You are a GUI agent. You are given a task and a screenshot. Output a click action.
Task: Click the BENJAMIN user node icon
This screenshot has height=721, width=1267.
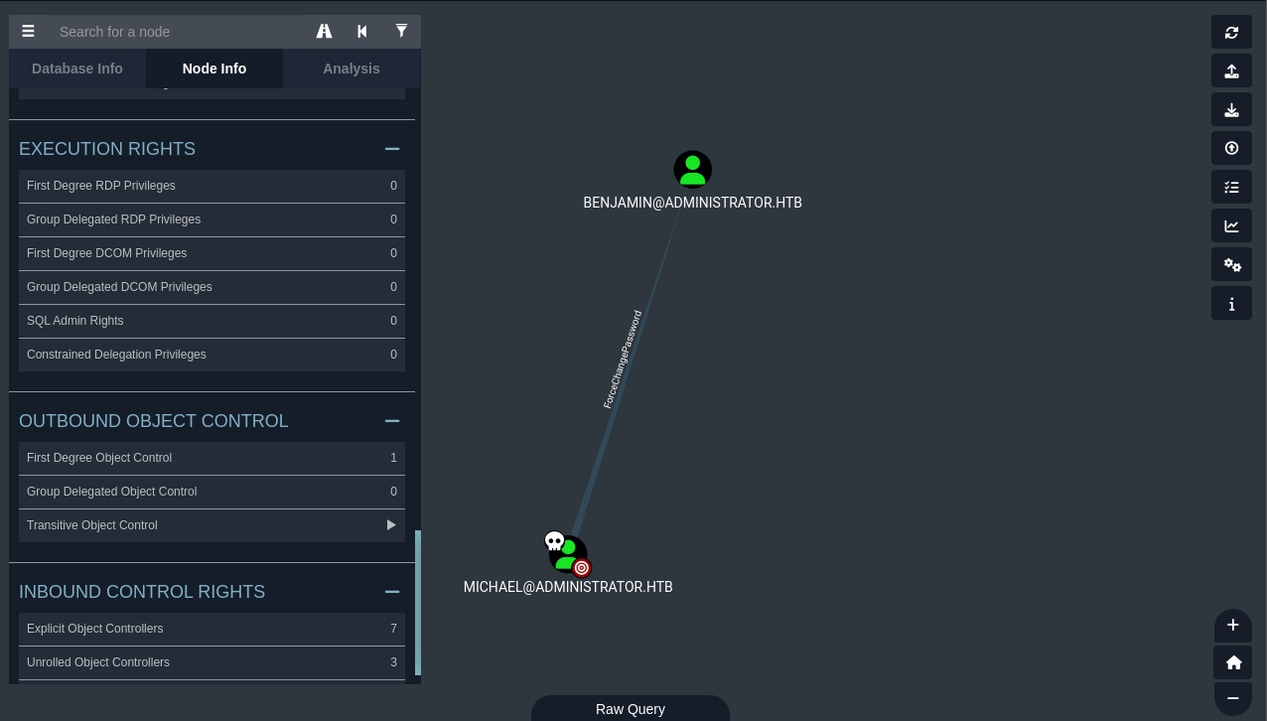click(x=692, y=169)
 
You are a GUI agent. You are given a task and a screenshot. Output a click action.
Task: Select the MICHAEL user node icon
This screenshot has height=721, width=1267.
click(x=568, y=554)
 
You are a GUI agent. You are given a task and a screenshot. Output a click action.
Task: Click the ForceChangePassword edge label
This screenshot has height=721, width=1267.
click(x=623, y=360)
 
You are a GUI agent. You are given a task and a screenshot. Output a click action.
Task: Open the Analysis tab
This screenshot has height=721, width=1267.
click(x=352, y=69)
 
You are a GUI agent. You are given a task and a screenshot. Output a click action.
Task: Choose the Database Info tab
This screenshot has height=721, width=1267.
click(x=76, y=69)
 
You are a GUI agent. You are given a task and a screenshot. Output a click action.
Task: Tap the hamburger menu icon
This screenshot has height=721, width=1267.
click(x=28, y=31)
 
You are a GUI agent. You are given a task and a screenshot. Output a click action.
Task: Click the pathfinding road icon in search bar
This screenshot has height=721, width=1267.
click(x=324, y=31)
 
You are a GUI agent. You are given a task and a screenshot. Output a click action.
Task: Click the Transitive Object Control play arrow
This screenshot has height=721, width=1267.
click(x=391, y=525)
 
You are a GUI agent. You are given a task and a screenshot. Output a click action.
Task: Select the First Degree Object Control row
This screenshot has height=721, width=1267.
click(x=211, y=458)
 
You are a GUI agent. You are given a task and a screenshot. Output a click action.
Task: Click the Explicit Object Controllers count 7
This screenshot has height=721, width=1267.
click(x=393, y=629)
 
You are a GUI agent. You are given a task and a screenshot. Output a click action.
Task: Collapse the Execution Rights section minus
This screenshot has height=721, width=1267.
click(x=392, y=149)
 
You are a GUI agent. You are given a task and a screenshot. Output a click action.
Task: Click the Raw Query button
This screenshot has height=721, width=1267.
click(x=631, y=708)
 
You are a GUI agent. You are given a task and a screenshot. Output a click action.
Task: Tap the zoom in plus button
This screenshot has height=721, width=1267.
click(x=1233, y=625)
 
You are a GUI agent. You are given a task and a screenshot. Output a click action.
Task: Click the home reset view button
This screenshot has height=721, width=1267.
click(x=1233, y=662)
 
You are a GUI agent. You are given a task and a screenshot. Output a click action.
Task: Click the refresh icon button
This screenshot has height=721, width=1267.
click(x=1231, y=32)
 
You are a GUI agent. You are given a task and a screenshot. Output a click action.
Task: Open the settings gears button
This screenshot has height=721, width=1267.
click(x=1231, y=265)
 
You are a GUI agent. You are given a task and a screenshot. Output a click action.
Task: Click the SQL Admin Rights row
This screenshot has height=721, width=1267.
click(x=211, y=321)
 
